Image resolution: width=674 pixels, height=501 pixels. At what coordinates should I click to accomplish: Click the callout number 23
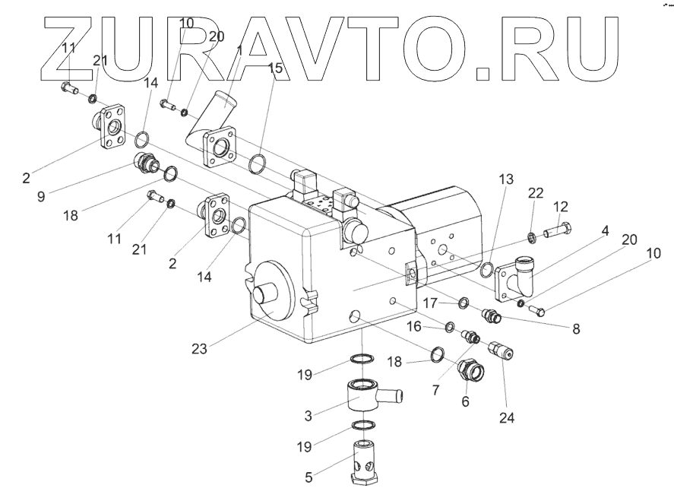point(200,349)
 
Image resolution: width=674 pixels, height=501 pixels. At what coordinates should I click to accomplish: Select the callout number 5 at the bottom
point(309,478)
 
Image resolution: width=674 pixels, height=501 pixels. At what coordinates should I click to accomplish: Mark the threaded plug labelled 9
point(146,162)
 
